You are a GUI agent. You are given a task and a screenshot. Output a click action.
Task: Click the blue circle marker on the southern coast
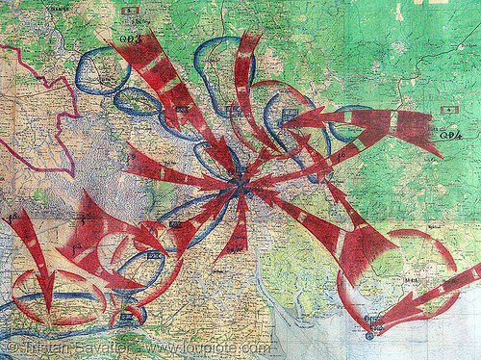371,336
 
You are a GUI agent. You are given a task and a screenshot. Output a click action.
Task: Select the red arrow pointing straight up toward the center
232,231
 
